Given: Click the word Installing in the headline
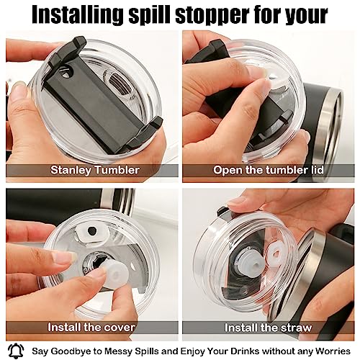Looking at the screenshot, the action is tap(78, 14).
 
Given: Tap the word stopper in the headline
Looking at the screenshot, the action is tap(212, 16).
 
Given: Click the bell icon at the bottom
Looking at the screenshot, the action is tap(16, 351).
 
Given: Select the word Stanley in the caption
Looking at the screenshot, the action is tap(71, 171).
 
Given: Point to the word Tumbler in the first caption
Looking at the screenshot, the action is tap(117, 170).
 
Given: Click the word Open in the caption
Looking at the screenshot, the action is tap(228, 171).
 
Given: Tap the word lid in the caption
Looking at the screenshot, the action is tap(317, 170).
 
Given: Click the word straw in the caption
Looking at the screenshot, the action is tap(297, 328).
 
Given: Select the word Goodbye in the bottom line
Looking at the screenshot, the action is tap(71, 351).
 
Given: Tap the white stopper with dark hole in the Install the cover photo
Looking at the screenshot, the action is tap(92, 232).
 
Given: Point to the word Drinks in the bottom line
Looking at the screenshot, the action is tap(244, 351).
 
